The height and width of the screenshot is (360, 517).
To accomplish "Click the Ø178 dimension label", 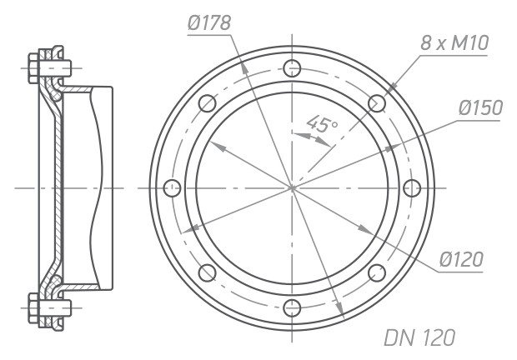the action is click(x=209, y=23).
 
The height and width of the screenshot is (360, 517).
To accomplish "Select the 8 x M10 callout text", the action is click(x=454, y=43).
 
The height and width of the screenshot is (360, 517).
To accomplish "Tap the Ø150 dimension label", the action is click(x=480, y=107).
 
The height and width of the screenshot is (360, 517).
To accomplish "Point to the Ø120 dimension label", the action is click(x=461, y=259).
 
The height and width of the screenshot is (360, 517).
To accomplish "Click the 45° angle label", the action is click(x=322, y=123).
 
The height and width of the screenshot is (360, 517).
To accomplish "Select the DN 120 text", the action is click(x=419, y=337).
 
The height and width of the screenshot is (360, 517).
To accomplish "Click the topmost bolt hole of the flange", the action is click(x=292, y=68).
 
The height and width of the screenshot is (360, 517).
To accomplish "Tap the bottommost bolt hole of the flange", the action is click(x=292, y=308).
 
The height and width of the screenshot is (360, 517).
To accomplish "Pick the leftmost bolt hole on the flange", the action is click(x=172, y=188).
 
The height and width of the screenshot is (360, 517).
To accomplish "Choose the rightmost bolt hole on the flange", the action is click(x=412, y=188).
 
